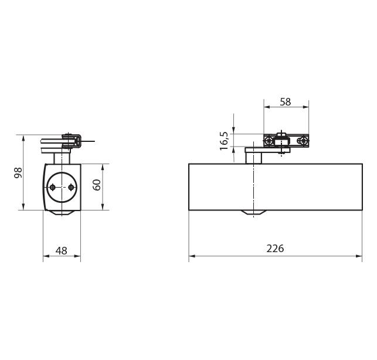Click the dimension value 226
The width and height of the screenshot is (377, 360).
point(275,249)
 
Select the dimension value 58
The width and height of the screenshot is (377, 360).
point(286,102)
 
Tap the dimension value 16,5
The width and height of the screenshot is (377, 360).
point(225,141)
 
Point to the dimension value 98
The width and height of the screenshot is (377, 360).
point(18,172)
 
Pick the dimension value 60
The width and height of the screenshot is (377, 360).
point(97,185)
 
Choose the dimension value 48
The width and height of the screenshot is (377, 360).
point(62,251)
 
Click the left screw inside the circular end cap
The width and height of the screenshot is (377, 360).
point(52,187)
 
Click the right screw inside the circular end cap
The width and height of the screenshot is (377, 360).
point(71,187)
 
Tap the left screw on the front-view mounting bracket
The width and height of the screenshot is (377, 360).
point(269,141)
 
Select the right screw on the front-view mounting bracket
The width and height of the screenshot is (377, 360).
point(303,141)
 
